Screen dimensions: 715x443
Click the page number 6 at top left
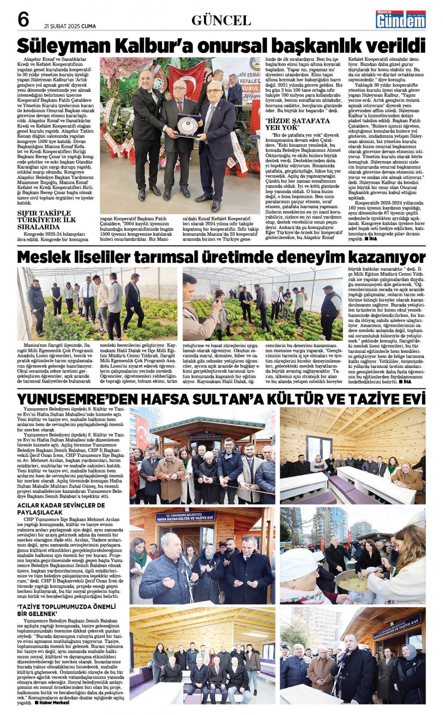point(23,19)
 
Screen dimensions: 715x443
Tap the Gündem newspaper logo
point(400,19)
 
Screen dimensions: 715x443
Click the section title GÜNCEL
point(221,20)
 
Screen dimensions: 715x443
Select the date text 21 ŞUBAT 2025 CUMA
point(70,26)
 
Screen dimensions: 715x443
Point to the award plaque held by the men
point(188,125)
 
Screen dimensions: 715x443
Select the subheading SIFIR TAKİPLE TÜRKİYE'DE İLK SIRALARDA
point(47,220)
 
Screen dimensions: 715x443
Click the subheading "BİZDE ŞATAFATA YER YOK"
point(291,124)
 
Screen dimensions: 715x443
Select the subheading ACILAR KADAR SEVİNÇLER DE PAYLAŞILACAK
point(61,508)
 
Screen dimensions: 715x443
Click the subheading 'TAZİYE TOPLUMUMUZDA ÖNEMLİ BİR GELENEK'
point(66,610)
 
